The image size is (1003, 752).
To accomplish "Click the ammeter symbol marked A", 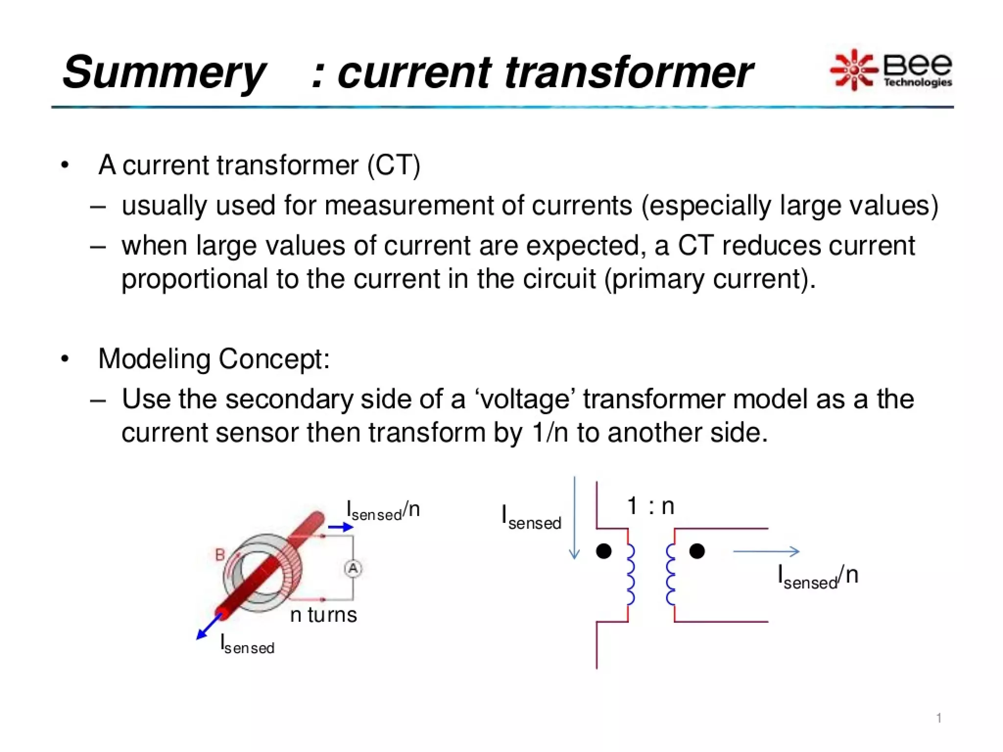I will tap(353, 569).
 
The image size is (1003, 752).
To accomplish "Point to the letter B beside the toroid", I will tap(220, 555).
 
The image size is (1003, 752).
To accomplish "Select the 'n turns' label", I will tap(323, 615).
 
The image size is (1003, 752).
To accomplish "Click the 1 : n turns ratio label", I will tap(650, 506).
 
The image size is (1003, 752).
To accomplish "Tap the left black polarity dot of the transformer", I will tap(604, 551).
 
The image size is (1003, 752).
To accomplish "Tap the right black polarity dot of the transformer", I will tap(697, 551).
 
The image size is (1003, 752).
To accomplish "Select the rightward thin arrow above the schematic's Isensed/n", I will tap(766, 552).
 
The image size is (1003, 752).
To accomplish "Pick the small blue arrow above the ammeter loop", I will tap(340, 527).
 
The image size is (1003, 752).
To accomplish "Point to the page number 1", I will tap(939, 718).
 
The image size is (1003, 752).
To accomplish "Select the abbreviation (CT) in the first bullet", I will tap(394, 165).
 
